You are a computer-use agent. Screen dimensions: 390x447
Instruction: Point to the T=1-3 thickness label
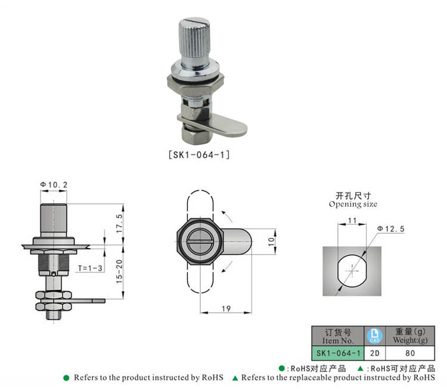[91, 268]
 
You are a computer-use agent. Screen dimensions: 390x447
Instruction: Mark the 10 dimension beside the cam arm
[271, 242]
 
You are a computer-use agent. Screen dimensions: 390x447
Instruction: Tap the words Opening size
[353, 204]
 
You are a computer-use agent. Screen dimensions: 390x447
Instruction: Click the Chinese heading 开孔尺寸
[353, 195]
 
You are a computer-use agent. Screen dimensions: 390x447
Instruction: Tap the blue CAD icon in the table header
[375, 336]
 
